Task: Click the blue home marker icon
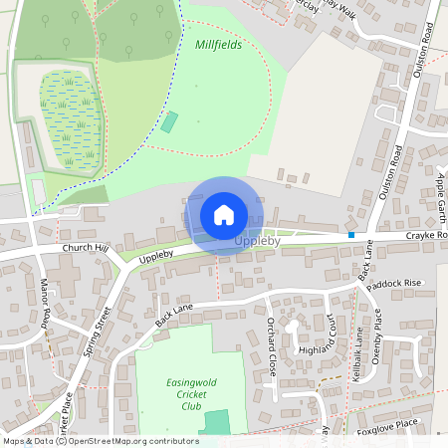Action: [x=224, y=215]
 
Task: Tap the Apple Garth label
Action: [x=439, y=193]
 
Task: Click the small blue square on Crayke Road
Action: [x=351, y=235]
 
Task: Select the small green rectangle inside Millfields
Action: [x=169, y=123]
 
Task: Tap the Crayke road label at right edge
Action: [x=427, y=235]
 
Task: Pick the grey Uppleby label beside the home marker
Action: [x=258, y=241]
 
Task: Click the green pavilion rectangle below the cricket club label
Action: [x=214, y=422]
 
